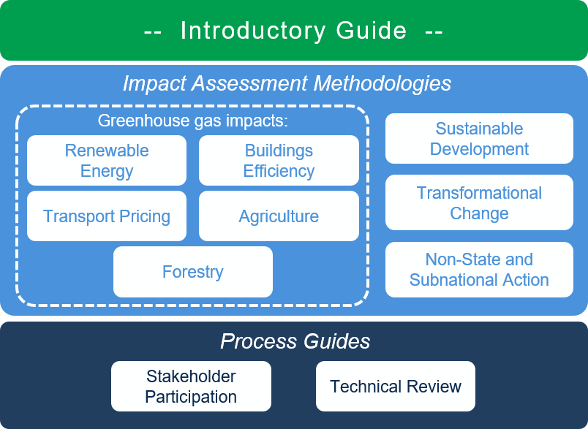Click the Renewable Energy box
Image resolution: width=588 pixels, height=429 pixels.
coord(107,160)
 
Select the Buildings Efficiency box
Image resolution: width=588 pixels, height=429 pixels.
coord(279,160)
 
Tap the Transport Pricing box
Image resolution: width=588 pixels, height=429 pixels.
coord(107,216)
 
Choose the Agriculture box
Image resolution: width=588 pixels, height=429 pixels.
coord(279,216)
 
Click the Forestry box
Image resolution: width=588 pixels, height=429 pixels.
coord(193,272)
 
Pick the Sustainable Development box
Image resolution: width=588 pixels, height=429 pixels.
coord(479,139)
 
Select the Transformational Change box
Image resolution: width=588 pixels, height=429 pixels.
coord(479,202)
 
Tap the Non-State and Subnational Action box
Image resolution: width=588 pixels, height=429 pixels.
coord(479,270)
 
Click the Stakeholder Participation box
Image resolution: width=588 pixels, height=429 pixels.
coord(191,387)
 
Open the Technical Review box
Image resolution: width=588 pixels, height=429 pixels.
coord(396,387)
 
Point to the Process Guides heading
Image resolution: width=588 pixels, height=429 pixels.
coord(295,341)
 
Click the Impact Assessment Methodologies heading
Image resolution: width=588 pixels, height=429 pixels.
coord(287,83)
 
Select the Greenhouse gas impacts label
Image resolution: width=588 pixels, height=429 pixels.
coord(193,121)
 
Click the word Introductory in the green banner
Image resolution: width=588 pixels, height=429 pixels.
coord(253,31)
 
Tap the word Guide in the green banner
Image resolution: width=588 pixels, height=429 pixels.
coord(372,31)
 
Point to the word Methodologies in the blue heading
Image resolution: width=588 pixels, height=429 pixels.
coord(382,83)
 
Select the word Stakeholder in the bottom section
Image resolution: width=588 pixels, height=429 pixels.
coord(191,376)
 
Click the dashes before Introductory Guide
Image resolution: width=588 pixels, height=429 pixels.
coord(153,31)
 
